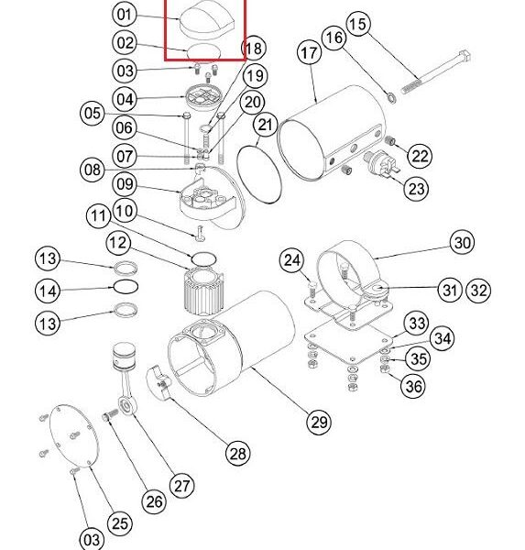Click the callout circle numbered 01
(124, 15)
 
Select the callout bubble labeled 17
(309, 53)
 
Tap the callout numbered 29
(319, 422)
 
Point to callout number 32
(478, 290)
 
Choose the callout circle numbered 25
(120, 523)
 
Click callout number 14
(48, 291)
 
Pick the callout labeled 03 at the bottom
(92, 539)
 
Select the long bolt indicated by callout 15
(435, 72)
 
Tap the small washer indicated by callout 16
(391, 97)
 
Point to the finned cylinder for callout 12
(203, 291)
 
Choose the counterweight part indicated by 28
(159, 382)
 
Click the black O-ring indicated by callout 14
(126, 287)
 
